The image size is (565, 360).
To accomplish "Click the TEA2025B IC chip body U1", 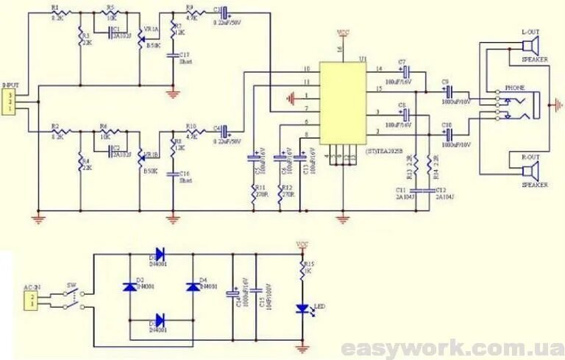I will (342, 102).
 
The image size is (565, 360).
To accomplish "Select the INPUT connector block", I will (10, 102).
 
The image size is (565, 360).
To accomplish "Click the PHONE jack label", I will (514, 87).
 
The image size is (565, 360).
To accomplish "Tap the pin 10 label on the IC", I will (306, 71).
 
